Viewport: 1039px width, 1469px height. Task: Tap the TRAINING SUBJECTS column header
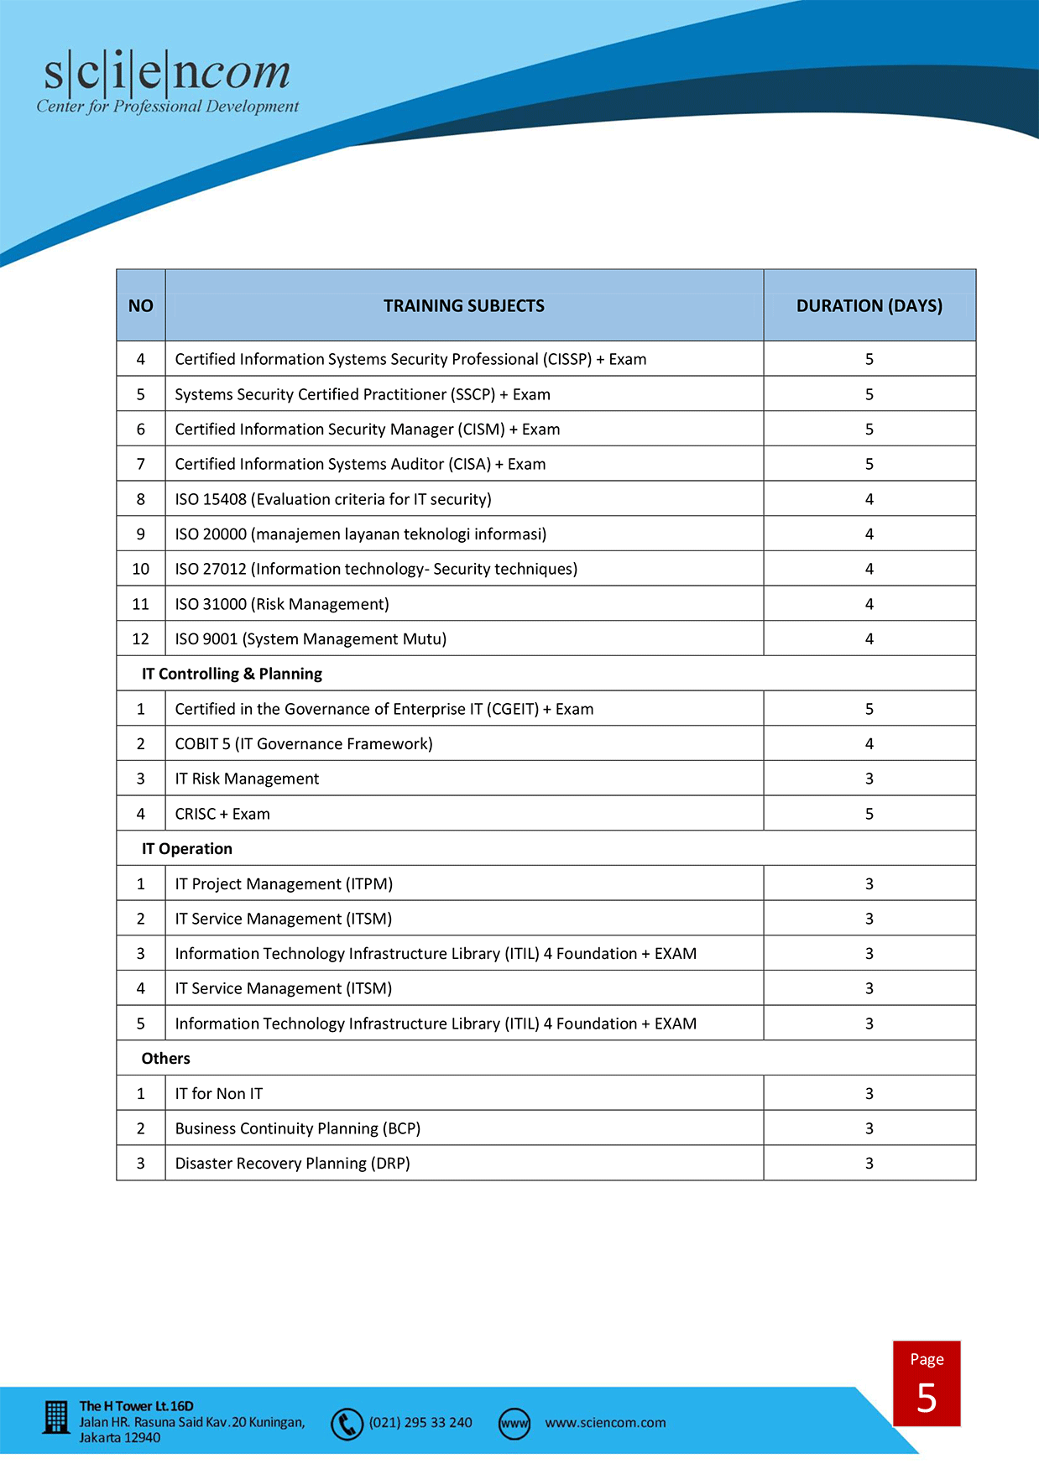coord(464,306)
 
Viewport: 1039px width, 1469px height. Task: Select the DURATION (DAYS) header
coord(869,306)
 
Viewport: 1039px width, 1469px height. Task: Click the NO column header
coord(141,306)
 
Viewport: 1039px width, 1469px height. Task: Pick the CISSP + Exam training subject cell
coord(410,359)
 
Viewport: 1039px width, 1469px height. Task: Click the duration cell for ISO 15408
coord(869,499)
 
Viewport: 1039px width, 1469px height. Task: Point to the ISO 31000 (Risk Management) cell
coord(282,604)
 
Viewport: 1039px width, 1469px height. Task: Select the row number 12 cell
coord(141,639)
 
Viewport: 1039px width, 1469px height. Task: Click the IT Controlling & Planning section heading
coord(232,674)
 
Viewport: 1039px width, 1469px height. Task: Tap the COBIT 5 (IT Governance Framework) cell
coord(304,744)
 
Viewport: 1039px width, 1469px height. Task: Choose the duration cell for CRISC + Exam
coord(869,814)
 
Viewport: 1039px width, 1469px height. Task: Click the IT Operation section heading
coord(187,849)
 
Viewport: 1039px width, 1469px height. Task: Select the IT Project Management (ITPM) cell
coord(284,884)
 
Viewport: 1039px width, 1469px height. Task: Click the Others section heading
coord(166,1059)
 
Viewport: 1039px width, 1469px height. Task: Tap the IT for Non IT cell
coord(219,1094)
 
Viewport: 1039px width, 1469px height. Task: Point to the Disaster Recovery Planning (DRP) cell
coord(292,1164)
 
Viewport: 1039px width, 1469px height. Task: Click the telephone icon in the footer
coord(347,1424)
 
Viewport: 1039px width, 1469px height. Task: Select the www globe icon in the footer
coord(514,1424)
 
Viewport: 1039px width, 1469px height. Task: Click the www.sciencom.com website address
coord(605,1423)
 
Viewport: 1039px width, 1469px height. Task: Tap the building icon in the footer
coord(56,1418)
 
